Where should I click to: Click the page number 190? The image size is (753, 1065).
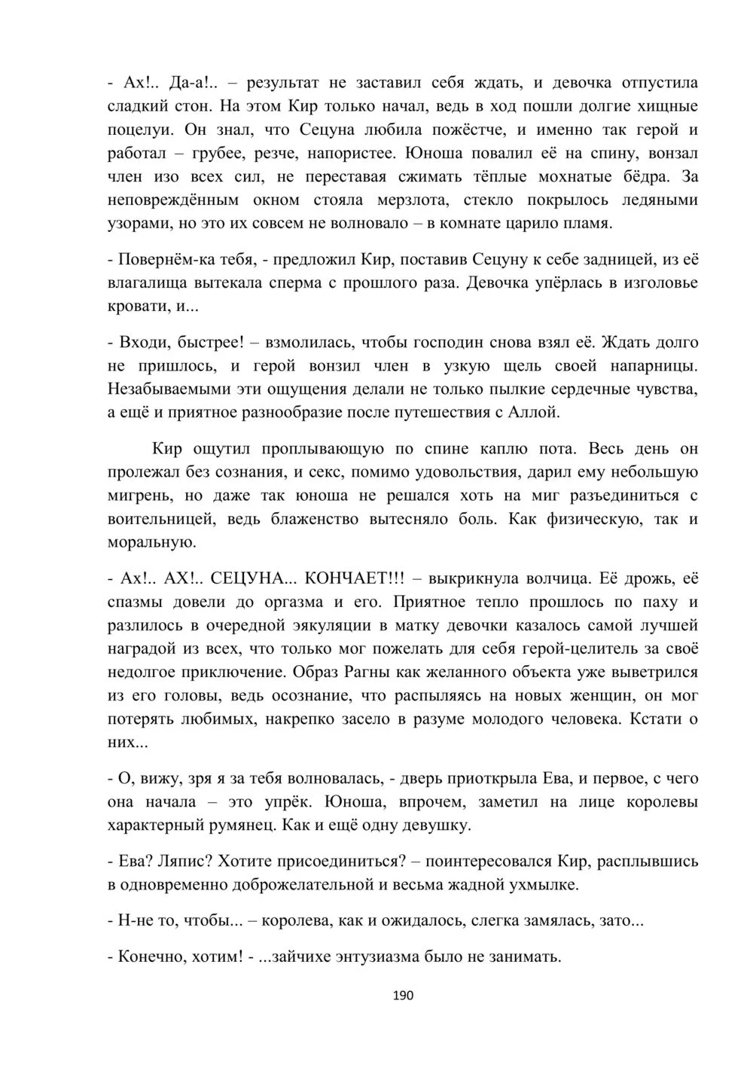pyautogui.click(x=404, y=996)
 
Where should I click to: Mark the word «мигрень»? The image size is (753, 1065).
pyautogui.click(x=140, y=496)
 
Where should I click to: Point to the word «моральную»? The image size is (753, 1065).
pyautogui.click(x=152, y=542)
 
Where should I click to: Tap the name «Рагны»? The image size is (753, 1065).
pyautogui.click(x=367, y=672)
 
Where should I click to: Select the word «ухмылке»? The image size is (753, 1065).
pyautogui.click(x=546, y=884)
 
